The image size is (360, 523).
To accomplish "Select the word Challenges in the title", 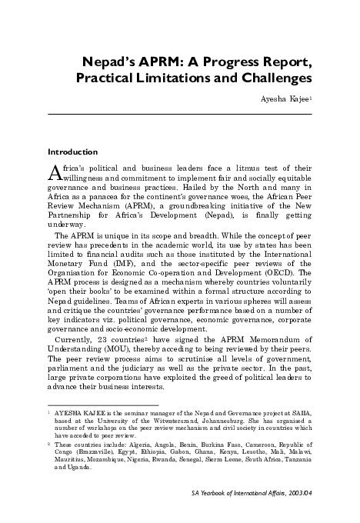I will pos(272,78).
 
